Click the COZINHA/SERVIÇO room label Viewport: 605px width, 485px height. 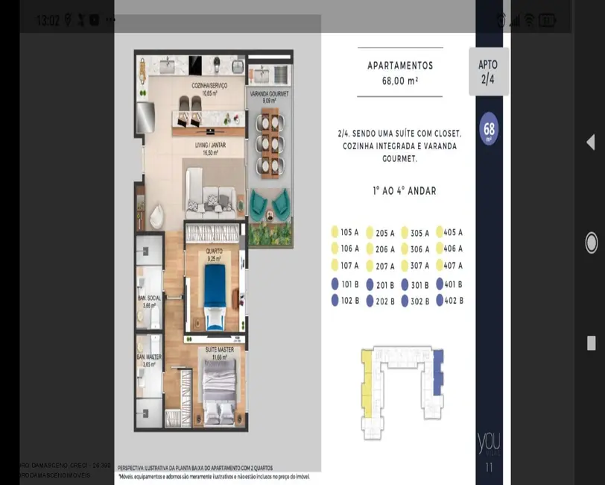[209, 86]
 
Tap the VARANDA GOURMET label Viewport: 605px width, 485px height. [269, 94]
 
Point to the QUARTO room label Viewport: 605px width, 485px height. [213, 251]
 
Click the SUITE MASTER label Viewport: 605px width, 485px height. [220, 349]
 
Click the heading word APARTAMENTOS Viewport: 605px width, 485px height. [399, 66]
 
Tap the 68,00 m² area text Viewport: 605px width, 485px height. [399, 81]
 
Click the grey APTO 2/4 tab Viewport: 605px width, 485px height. [488, 72]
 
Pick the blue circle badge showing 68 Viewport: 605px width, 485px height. [489, 128]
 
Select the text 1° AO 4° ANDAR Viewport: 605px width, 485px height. [405, 191]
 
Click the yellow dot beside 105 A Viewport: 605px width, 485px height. [335, 232]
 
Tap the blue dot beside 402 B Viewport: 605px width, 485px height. [440, 301]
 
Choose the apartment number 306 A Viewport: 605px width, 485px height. [419, 249]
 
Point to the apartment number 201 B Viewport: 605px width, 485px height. [385, 285]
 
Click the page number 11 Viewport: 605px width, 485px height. [489, 468]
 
